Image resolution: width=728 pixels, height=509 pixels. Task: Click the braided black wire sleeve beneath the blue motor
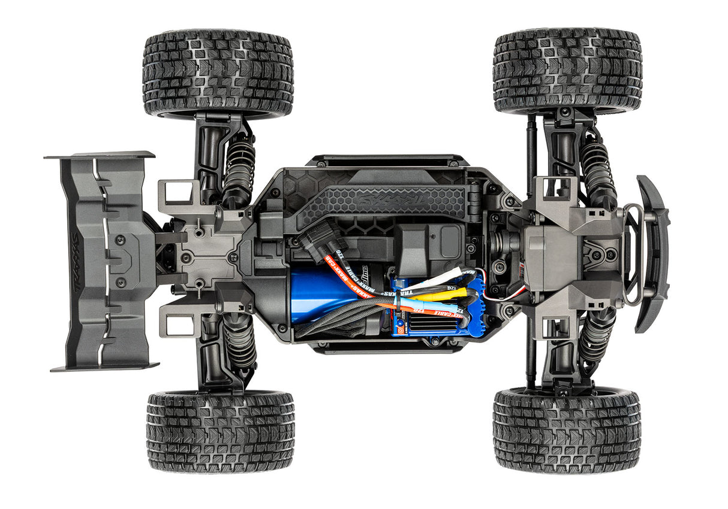[x=336, y=323]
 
